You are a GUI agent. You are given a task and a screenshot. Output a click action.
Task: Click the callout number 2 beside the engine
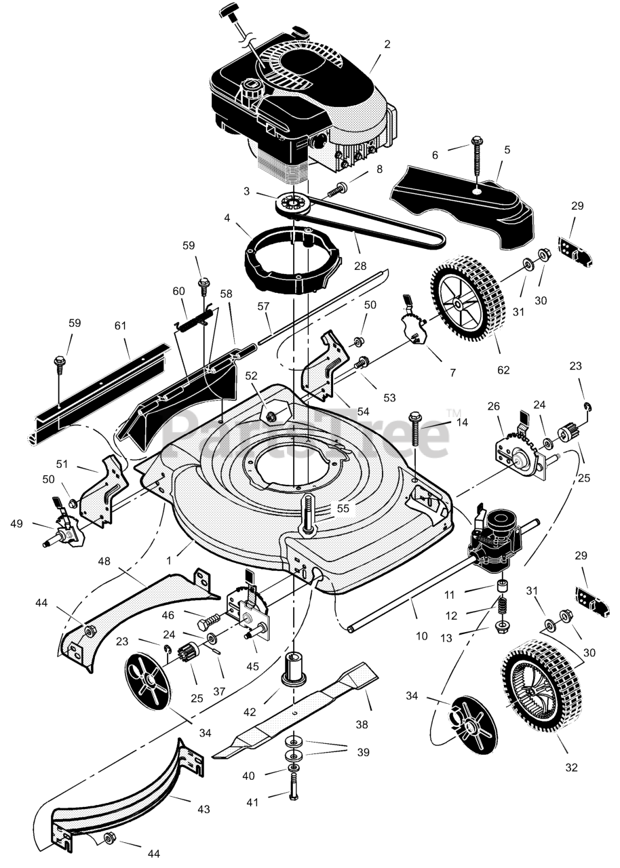tap(387, 44)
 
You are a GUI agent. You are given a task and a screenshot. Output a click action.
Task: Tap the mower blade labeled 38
tap(294, 712)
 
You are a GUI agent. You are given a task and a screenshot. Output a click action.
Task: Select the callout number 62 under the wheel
tap(503, 370)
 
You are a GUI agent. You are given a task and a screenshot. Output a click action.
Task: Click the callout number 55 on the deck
tap(343, 509)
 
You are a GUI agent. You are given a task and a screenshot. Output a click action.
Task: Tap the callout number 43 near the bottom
tap(204, 809)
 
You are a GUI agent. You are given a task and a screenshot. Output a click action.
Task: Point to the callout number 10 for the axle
tap(421, 635)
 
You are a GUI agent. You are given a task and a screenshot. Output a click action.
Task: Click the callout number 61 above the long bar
tap(121, 325)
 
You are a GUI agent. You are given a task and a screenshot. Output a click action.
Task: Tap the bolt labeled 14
tap(416, 428)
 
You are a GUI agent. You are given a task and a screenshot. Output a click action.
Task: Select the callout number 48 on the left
tap(104, 561)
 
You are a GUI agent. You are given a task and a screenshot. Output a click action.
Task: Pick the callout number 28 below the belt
tap(360, 266)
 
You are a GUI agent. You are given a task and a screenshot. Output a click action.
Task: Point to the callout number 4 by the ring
tap(227, 218)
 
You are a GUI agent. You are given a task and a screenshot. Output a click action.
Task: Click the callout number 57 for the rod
tap(263, 306)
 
